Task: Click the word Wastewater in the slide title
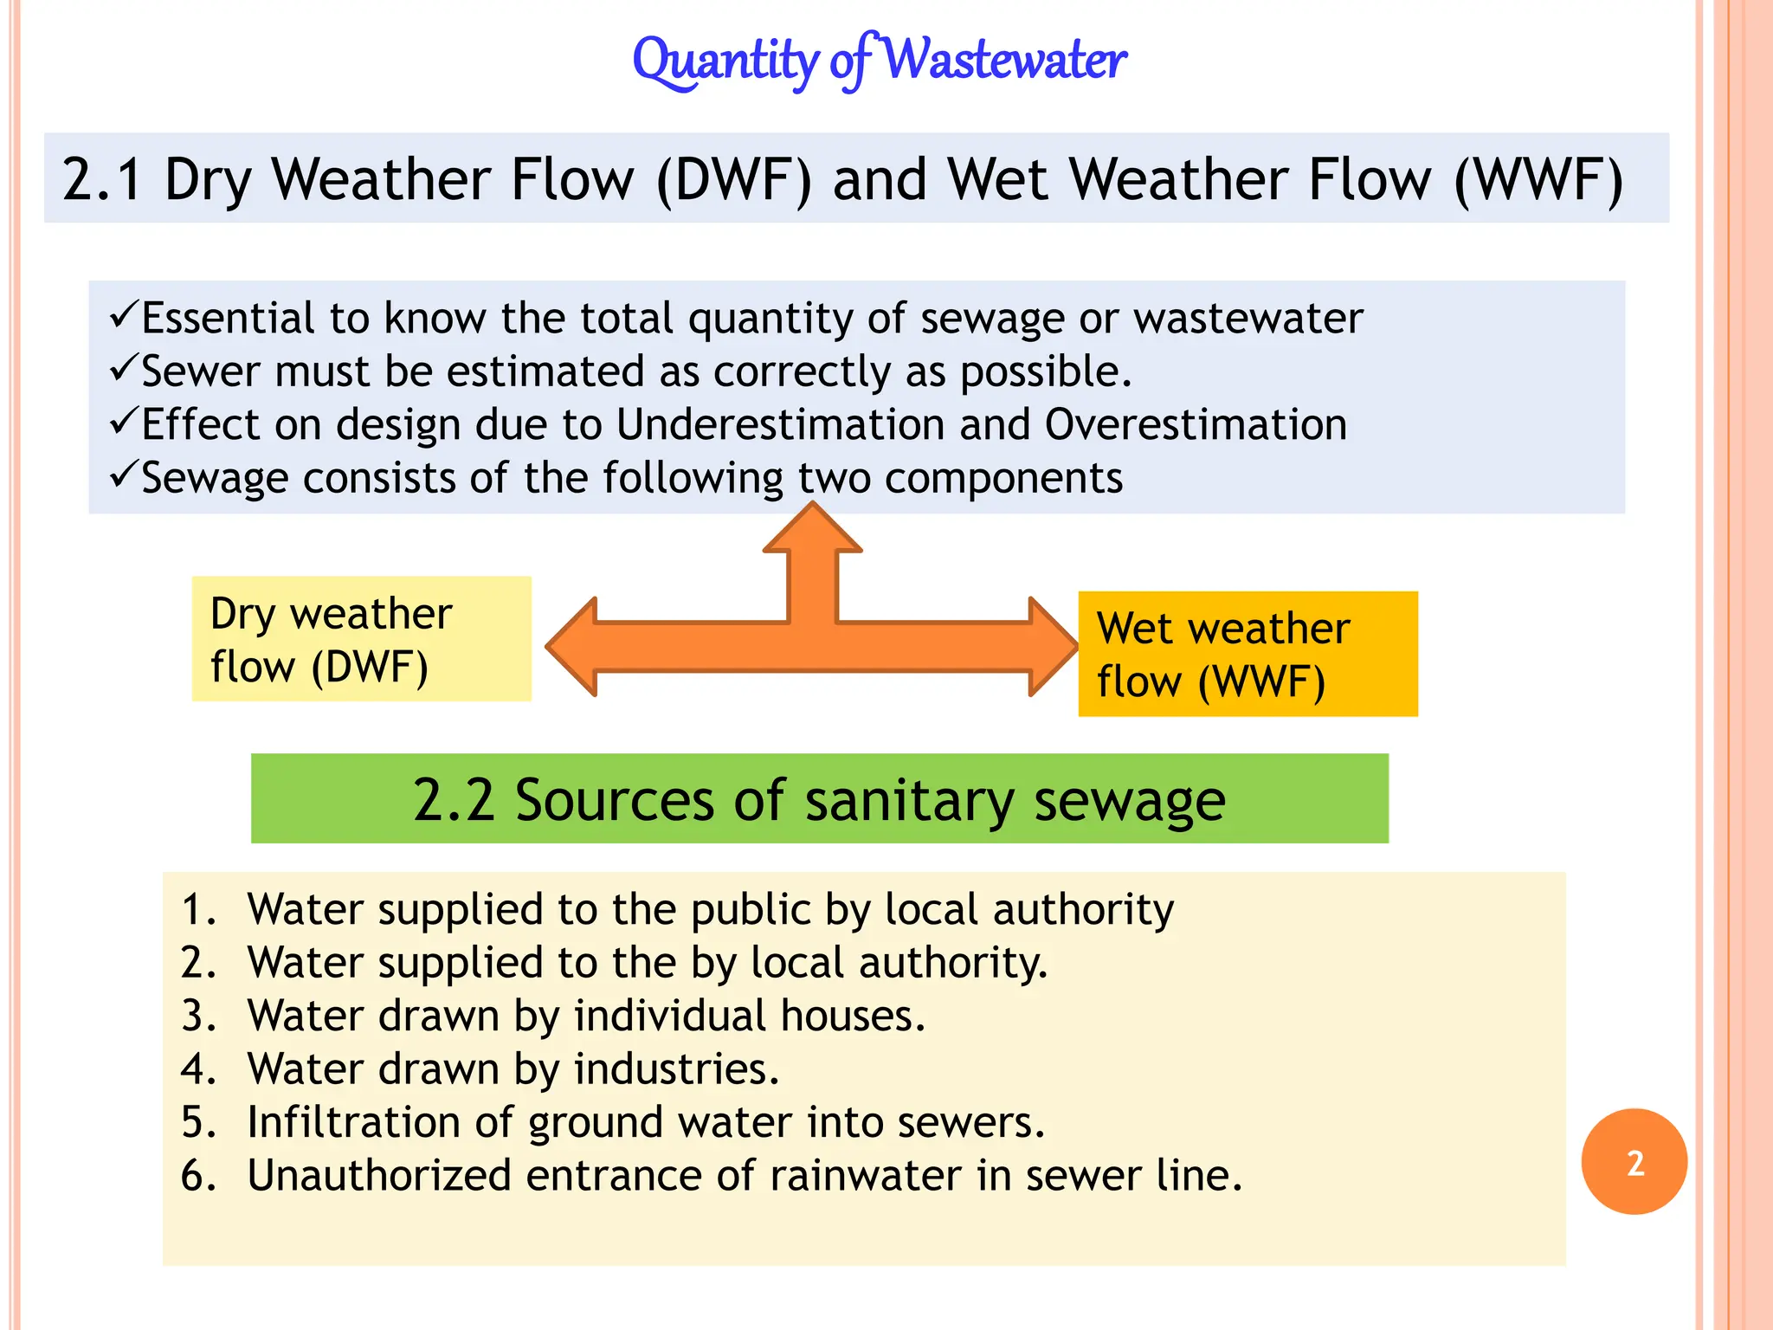point(1006,61)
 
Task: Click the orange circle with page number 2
point(1634,1162)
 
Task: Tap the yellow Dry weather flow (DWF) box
point(361,639)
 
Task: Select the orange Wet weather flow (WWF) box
point(1248,654)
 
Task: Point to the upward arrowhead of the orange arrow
point(812,528)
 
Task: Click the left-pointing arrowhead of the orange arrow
point(573,647)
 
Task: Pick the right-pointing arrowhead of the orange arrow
point(1052,647)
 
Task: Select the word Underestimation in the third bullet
point(780,425)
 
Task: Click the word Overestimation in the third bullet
point(1196,425)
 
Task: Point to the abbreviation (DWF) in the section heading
point(734,180)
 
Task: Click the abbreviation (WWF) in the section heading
point(1538,180)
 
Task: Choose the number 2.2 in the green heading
point(453,799)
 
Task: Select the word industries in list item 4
point(676,1069)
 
